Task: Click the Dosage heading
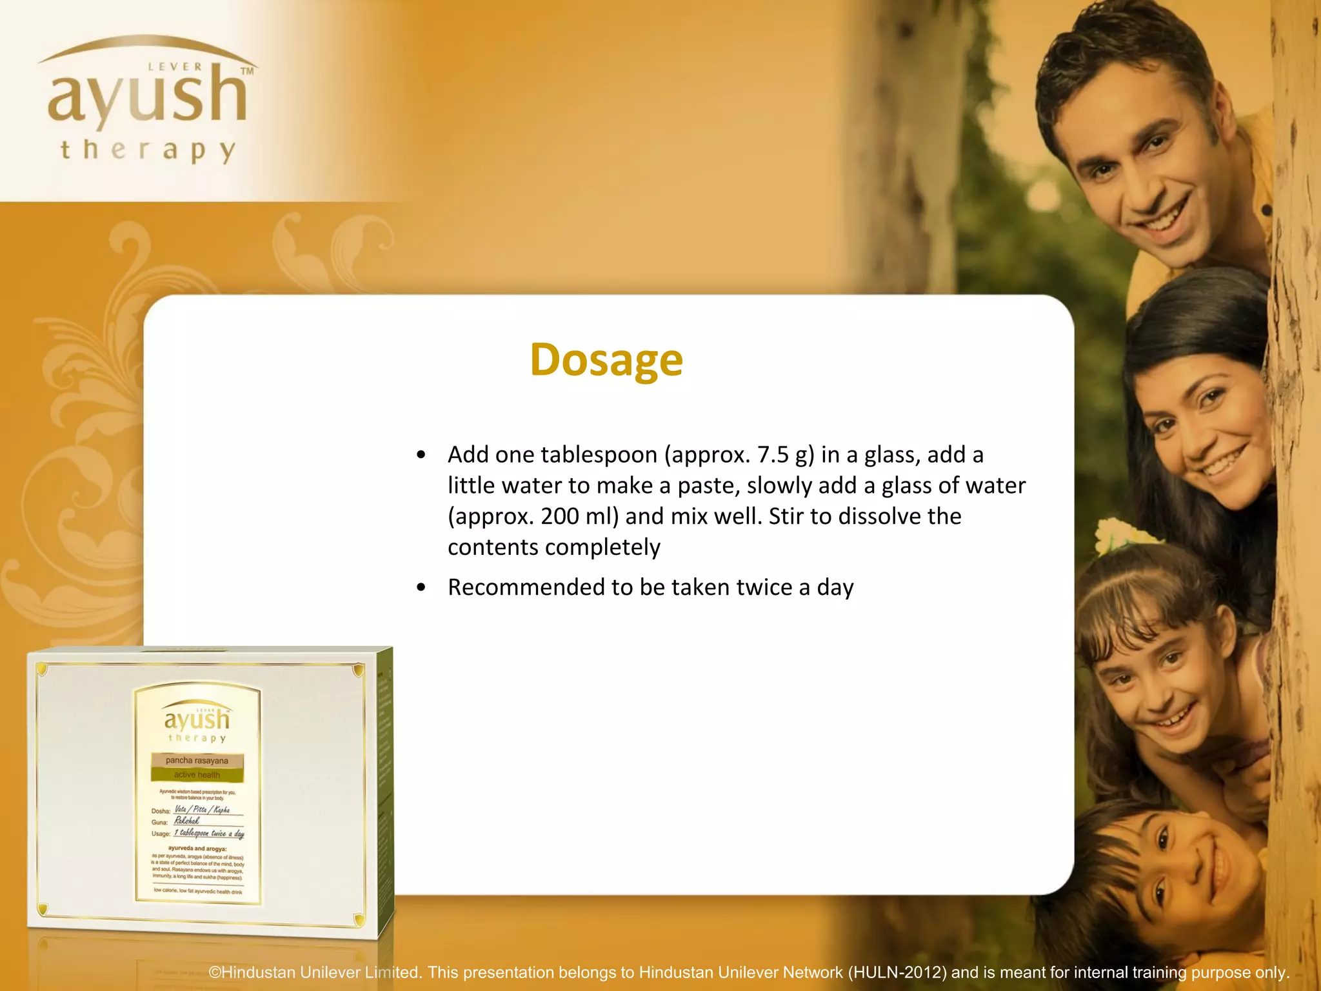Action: tap(606, 359)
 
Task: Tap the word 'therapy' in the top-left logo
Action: tap(148, 150)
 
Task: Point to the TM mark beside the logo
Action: tap(247, 71)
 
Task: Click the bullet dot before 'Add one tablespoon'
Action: tap(421, 455)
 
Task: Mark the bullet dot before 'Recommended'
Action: tap(421, 588)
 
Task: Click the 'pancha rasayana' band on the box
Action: tap(197, 761)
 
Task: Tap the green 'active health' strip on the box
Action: tap(197, 775)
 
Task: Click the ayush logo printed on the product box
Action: tap(197, 720)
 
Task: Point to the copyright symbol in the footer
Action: tap(215, 973)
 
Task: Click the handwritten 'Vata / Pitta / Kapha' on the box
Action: tap(202, 810)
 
